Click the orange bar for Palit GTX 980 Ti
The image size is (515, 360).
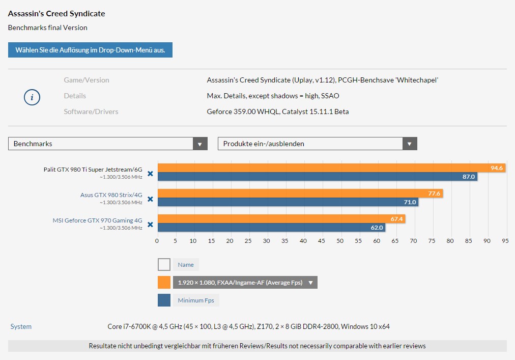point(331,168)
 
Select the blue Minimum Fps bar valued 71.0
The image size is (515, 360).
point(288,202)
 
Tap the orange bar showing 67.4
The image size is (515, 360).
point(281,219)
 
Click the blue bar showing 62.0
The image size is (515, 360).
point(271,228)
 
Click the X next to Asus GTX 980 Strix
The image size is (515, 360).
point(150,199)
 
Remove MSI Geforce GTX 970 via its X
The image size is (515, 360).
point(150,225)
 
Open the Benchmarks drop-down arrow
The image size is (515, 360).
point(200,144)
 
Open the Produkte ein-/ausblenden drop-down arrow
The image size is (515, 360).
point(410,144)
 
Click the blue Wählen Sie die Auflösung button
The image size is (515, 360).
point(90,50)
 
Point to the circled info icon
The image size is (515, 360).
point(32,97)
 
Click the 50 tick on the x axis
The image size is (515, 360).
point(340,241)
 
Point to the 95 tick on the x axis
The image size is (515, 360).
point(505,241)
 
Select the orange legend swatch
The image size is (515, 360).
point(164,283)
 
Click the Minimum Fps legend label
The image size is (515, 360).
point(196,300)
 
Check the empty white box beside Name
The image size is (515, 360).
point(164,264)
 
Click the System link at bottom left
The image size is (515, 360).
point(21,326)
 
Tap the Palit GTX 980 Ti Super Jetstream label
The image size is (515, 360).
point(93,170)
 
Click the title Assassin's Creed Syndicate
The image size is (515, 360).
point(56,13)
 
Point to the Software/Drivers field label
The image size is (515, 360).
point(91,112)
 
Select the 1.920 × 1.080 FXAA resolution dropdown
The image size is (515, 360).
point(245,283)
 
